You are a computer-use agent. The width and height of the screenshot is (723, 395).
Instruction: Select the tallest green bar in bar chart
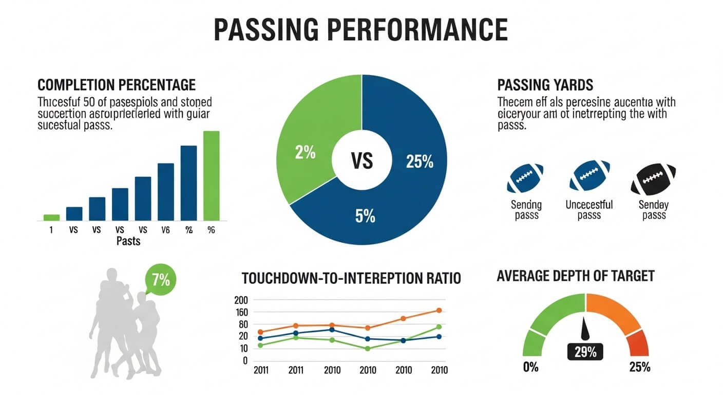211,175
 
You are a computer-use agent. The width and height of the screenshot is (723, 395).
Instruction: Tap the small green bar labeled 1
51,217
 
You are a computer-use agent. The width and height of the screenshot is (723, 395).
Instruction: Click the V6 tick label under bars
165,230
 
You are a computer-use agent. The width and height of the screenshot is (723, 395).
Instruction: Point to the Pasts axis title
128,241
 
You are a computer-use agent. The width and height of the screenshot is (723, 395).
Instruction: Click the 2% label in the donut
305,153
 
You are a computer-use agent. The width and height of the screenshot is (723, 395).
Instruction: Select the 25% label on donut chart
419,162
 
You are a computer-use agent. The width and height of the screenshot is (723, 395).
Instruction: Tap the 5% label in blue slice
365,217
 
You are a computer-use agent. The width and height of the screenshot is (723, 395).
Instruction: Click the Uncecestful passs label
589,210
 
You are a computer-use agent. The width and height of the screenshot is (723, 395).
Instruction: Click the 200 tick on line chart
240,300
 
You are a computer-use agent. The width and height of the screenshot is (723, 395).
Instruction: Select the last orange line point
439,311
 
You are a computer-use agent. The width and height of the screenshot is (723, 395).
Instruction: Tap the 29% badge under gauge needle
585,352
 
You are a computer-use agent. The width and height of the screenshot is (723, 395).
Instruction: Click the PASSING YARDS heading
545,85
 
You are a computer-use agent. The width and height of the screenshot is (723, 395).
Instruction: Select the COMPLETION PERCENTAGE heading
117,85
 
